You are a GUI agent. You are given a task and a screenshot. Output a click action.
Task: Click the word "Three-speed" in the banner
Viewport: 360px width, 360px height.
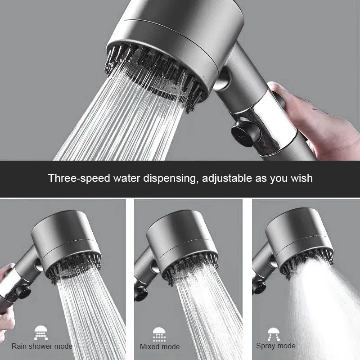point(79,178)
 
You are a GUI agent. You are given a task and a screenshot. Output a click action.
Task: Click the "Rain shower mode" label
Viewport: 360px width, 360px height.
point(42,346)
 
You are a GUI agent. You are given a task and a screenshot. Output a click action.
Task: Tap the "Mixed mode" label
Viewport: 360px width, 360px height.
point(160,346)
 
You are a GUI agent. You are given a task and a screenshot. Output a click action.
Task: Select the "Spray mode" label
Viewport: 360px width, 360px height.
point(276,346)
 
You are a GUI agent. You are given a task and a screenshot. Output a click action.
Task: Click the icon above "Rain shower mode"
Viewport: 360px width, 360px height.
point(41,333)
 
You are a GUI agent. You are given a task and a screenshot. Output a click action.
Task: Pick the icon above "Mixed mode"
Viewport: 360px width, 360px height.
point(159,334)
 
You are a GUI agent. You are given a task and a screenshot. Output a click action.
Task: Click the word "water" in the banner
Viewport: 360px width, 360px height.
point(127,178)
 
